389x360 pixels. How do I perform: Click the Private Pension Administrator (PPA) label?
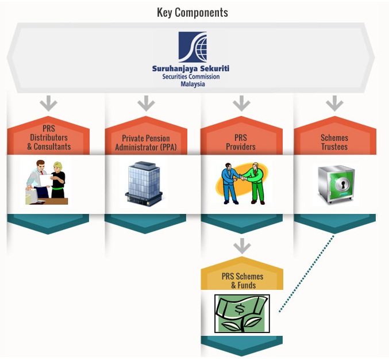coord(146,143)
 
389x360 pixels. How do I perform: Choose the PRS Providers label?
coord(241,143)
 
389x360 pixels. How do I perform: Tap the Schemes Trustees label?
coord(334,143)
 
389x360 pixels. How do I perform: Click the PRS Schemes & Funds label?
coord(242,281)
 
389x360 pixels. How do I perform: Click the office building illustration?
coord(145,183)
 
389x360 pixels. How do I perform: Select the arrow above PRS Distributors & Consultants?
coord(49,104)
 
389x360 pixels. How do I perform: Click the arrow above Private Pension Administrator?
coord(146,104)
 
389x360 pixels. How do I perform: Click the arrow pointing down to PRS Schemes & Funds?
coord(242,246)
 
